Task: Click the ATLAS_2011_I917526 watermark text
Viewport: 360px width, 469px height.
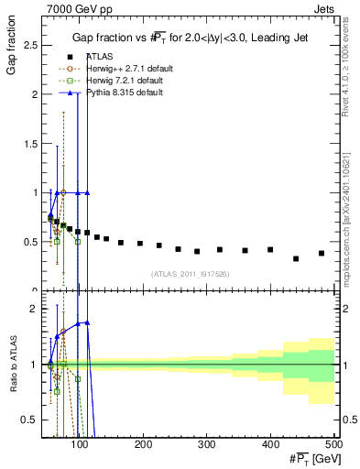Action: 190,274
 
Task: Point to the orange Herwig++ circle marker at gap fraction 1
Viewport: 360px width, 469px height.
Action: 63,192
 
